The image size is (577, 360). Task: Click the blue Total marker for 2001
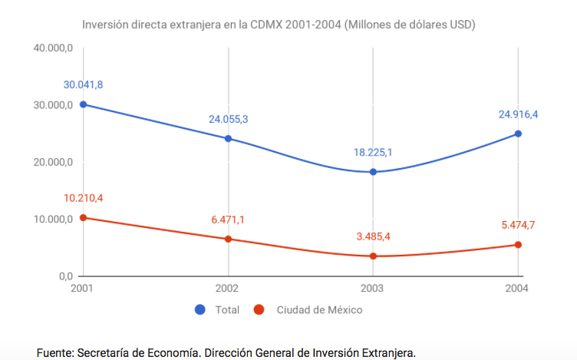click(83, 104)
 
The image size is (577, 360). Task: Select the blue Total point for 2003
click(373, 172)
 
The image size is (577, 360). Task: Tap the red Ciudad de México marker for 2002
click(228, 239)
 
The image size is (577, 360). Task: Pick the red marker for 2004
click(518, 245)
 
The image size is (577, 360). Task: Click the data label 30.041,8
click(83, 84)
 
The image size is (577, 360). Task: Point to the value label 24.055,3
click(228, 119)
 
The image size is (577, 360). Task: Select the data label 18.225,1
click(373, 152)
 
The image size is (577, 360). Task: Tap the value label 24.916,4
click(518, 114)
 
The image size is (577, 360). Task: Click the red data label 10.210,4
click(83, 198)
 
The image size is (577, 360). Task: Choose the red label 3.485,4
click(373, 236)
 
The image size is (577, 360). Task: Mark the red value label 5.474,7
click(518, 225)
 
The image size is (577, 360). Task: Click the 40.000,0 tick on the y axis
click(53, 48)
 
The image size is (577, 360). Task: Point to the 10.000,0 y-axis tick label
click(53, 220)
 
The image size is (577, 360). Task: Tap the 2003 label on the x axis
click(373, 289)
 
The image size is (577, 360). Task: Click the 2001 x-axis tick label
click(83, 289)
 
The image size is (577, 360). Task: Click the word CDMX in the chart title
click(265, 25)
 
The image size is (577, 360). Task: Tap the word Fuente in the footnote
click(55, 352)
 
